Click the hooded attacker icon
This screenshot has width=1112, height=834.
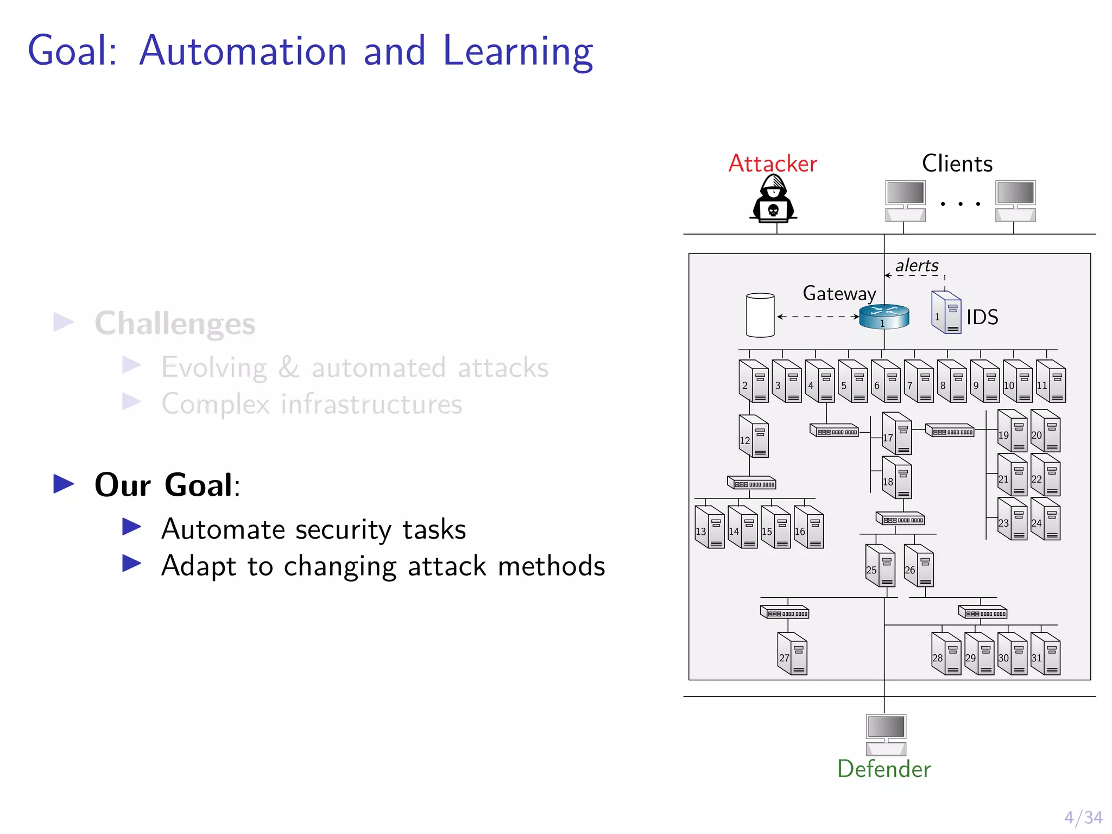pyautogui.click(x=773, y=199)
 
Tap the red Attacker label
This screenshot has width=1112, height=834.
pyautogui.click(x=772, y=163)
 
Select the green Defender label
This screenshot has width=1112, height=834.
pyautogui.click(x=883, y=769)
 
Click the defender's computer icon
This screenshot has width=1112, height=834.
pyautogui.click(x=886, y=734)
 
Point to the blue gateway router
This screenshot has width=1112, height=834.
pyautogui.click(x=884, y=317)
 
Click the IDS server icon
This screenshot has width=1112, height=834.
pyautogui.click(x=946, y=312)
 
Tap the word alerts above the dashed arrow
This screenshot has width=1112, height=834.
pyautogui.click(x=917, y=266)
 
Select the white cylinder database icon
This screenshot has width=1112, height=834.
pyautogui.click(x=760, y=315)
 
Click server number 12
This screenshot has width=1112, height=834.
pyautogui.click(x=754, y=437)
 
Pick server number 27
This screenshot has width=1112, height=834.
pyautogui.click(x=792, y=654)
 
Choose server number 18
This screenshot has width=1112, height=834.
pyautogui.click(x=897, y=478)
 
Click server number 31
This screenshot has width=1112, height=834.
pyautogui.click(x=1046, y=654)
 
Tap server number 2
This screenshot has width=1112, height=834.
pyautogui.click(x=754, y=381)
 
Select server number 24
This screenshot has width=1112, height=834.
pyautogui.click(x=1046, y=519)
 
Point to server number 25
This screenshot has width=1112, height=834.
pyautogui.click(x=880, y=566)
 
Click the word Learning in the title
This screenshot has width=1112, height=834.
pyautogui.click(x=518, y=52)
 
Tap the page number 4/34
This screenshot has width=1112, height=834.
pyautogui.click(x=1083, y=817)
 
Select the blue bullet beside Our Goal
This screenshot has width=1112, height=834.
pyautogui.click(x=64, y=484)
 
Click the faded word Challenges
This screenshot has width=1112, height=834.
pyautogui.click(x=175, y=324)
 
